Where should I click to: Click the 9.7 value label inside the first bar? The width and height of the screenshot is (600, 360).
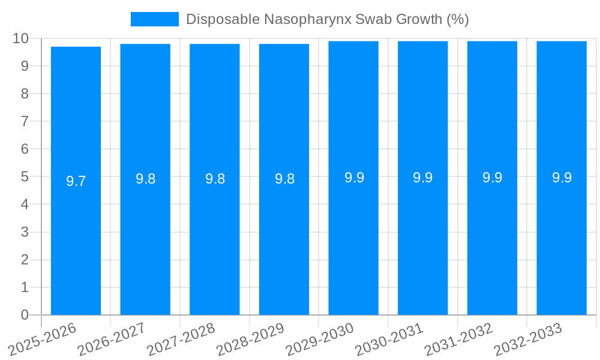76,181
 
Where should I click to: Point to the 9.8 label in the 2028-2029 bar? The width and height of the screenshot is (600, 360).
284,179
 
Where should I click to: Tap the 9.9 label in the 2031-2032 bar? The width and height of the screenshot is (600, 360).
493,178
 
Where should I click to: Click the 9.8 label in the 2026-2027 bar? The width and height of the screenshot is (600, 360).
145,179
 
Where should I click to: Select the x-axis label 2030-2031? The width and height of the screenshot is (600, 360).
389,340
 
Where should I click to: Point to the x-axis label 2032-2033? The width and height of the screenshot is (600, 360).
528,340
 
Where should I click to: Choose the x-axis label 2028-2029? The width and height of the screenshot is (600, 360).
251,340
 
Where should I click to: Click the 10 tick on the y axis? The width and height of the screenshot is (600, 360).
20,38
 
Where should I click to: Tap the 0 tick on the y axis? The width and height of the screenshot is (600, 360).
25,315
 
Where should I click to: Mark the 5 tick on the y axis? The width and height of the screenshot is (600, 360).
25,177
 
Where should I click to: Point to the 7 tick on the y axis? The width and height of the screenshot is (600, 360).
25,122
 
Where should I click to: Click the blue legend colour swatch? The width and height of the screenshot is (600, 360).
155,19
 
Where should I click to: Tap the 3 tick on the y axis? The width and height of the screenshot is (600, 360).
25,232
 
